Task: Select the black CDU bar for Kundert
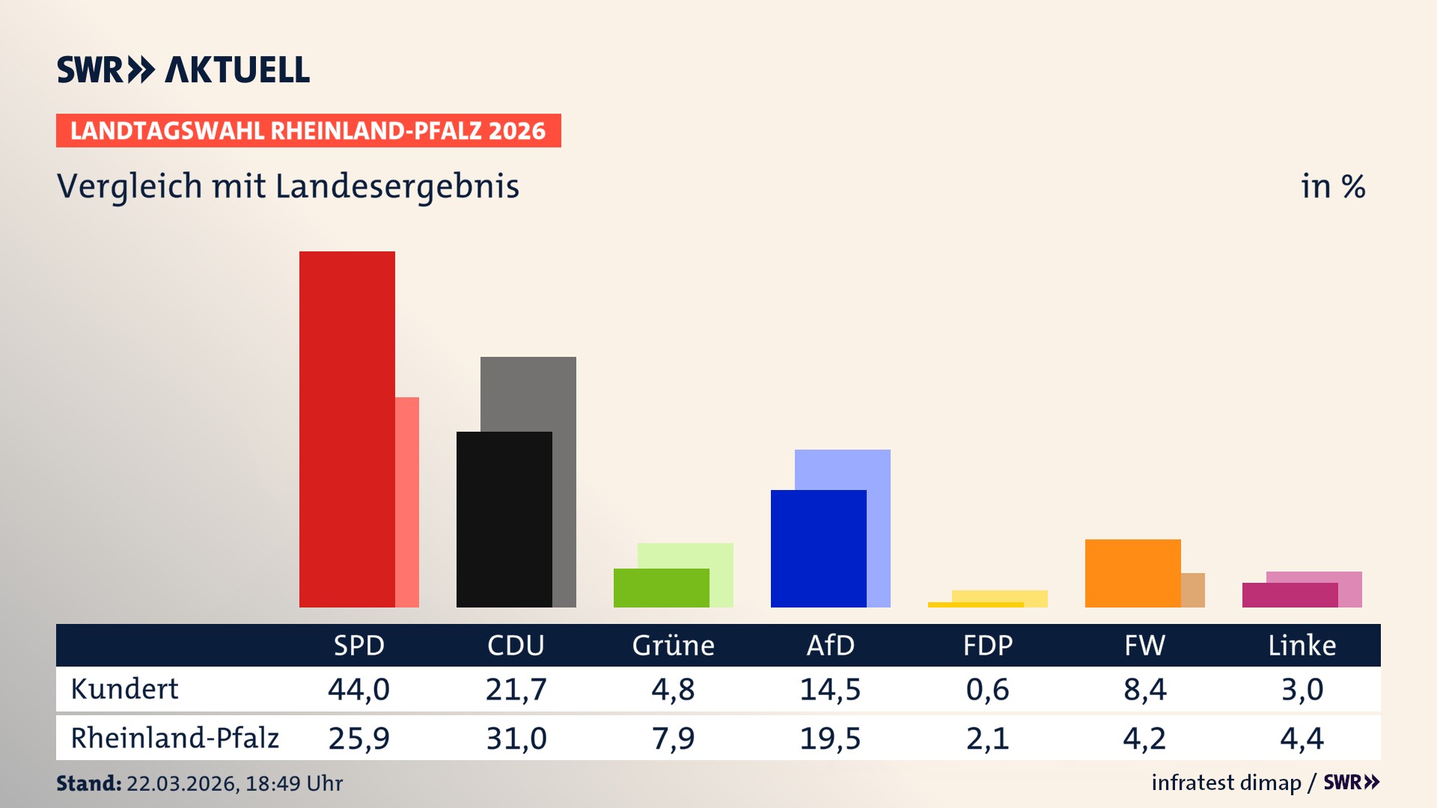tap(504, 519)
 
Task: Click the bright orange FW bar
tap(1132, 573)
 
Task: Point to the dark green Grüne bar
tap(661, 588)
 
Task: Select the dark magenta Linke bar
tap(1290, 596)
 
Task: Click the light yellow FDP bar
tap(1000, 596)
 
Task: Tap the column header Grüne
tap(673, 645)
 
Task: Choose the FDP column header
tap(987, 645)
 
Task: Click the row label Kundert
tap(124, 689)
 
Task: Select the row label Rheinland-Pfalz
tap(174, 738)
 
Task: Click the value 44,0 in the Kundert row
tap(359, 689)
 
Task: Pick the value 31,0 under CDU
tap(516, 738)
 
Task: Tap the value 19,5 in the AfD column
tap(830, 738)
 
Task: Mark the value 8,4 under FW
tap(1144, 689)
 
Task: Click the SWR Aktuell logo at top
tap(183, 70)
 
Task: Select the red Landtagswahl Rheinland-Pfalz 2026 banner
tap(308, 131)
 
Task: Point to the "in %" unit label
tap(1332, 186)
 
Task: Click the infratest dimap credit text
tap(1226, 783)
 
